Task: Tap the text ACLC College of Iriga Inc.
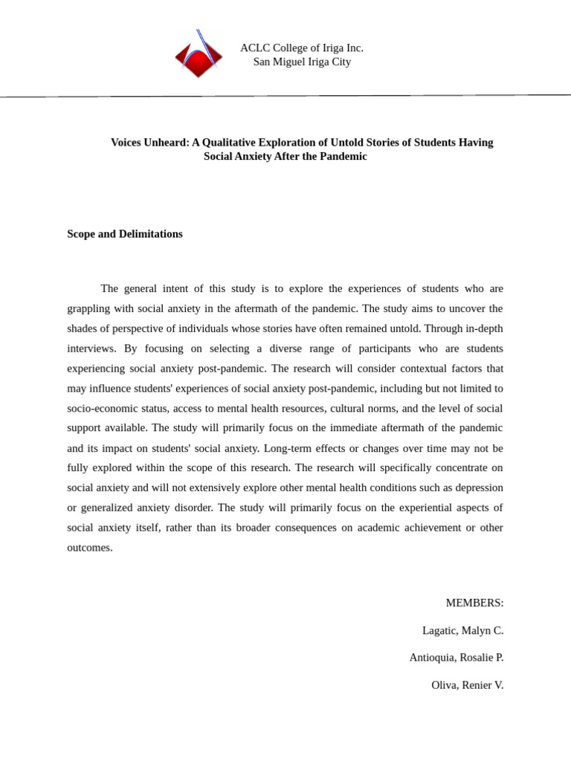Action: click(x=301, y=48)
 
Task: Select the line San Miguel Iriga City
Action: click(x=302, y=62)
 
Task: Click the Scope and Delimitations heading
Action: click(x=125, y=234)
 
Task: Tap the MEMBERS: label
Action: click(x=474, y=603)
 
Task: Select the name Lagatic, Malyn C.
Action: click(x=462, y=630)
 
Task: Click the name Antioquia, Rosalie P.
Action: click(x=456, y=658)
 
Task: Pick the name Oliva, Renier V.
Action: click(x=467, y=685)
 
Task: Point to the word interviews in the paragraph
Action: click(x=91, y=349)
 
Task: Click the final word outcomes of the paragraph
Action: click(x=89, y=548)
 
